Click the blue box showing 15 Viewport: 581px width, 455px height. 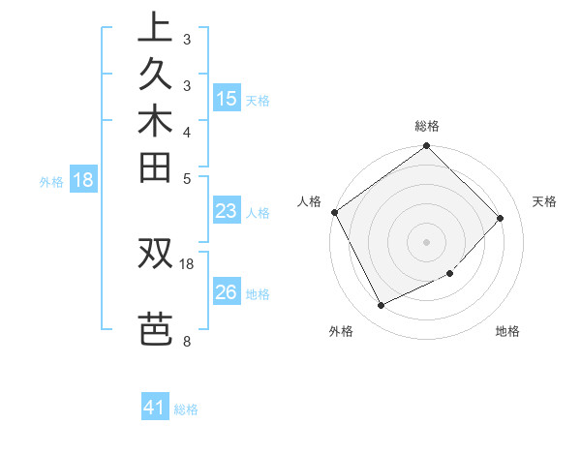pos(227,99)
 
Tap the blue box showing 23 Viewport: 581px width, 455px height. pos(227,212)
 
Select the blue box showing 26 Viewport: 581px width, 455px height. pos(227,293)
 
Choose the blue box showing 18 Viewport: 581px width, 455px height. pos(83,179)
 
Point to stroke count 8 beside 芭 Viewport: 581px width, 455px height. pos(186,341)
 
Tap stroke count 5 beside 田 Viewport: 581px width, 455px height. pos(186,177)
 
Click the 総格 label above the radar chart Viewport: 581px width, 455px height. pos(427,126)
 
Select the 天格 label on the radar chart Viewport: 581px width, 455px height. pos(545,201)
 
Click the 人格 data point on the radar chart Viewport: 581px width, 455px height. pos(334,212)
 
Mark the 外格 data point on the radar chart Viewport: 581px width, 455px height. pos(381,306)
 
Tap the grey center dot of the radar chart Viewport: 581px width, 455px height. pos(427,241)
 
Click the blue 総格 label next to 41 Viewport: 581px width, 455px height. pos(186,409)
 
